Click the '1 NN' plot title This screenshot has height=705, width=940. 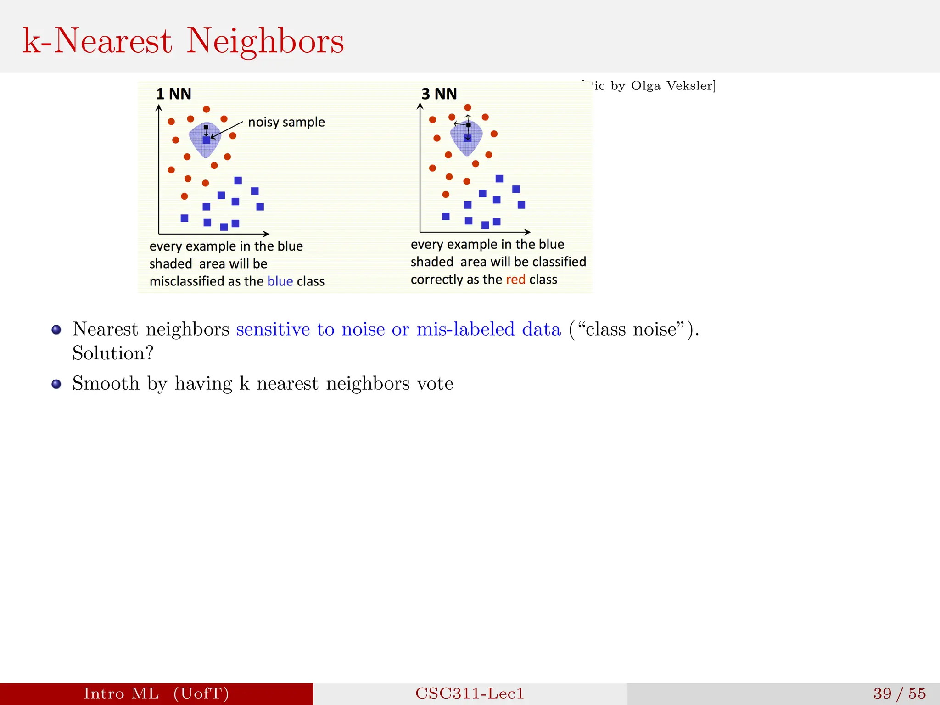point(173,94)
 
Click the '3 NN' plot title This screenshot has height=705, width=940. point(439,94)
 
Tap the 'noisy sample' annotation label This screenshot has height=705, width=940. point(286,122)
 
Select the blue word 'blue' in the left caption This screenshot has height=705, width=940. point(280,281)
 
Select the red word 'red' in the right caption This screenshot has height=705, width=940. point(515,279)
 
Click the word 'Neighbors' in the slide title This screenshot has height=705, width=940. point(265,41)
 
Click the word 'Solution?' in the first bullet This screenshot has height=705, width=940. point(113,353)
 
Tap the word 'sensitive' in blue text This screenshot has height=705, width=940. point(273,329)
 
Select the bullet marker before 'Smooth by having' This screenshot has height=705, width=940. point(56,384)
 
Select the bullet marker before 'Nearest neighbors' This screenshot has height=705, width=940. point(56,330)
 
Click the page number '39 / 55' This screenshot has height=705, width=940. point(899,693)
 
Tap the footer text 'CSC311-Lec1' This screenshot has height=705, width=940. point(470,693)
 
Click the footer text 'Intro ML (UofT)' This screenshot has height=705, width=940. point(156,693)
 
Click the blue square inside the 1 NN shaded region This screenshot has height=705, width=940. point(207,140)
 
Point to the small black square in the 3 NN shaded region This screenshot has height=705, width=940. point(468,125)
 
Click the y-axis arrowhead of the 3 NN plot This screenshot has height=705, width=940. point(420,106)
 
